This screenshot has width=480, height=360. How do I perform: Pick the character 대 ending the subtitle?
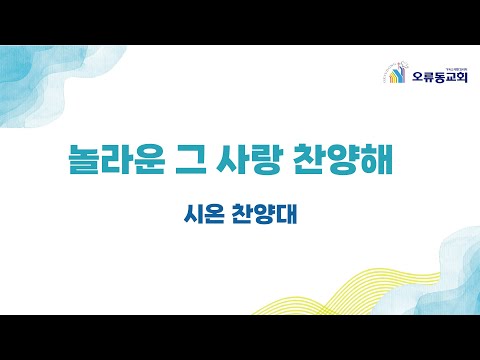coord(289,215)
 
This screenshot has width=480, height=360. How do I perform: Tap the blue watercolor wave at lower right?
coord(440,270)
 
